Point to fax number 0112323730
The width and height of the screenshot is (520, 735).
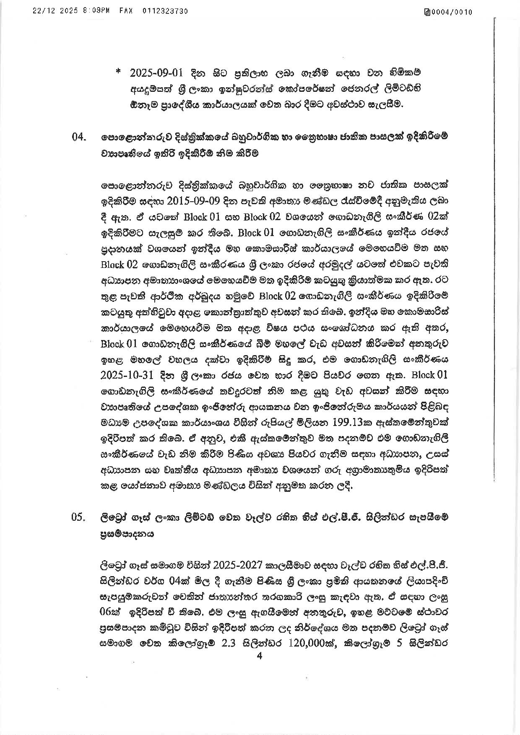click(165, 11)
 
